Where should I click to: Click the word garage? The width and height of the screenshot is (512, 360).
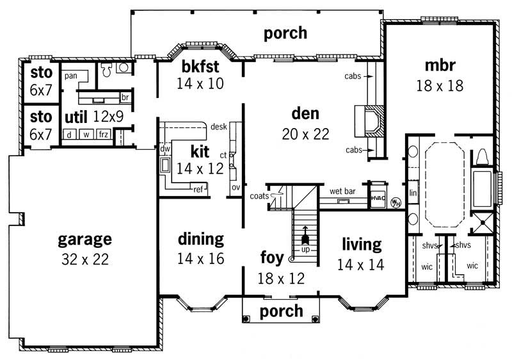tap(85, 240)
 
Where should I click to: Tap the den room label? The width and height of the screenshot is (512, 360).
tap(305, 113)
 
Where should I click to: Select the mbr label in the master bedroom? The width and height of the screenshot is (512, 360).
tap(440, 65)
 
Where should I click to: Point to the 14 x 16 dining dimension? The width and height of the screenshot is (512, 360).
tap(201, 258)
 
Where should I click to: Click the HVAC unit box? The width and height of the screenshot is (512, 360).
tap(378, 197)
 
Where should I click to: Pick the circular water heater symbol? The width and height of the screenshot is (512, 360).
tap(396, 202)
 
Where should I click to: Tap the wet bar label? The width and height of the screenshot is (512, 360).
tap(342, 191)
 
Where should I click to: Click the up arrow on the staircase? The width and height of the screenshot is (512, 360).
tap(305, 234)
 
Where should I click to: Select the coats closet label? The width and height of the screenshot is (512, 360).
tap(259, 196)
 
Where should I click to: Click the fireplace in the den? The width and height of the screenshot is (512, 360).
tap(370, 121)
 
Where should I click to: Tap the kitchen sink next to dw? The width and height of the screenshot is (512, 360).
tap(165, 165)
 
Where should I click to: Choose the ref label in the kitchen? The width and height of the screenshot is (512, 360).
tap(198, 189)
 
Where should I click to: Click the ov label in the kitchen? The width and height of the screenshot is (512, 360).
tap(236, 187)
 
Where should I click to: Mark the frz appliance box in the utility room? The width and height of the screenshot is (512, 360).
tap(104, 134)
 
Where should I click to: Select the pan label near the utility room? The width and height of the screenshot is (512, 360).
tap(71, 76)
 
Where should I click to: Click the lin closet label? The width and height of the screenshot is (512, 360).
tap(413, 193)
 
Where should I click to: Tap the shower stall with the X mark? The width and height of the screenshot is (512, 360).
tap(483, 223)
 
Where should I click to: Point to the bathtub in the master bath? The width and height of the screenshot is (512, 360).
tap(483, 188)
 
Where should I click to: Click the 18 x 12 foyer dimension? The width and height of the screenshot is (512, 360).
tap(281, 279)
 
